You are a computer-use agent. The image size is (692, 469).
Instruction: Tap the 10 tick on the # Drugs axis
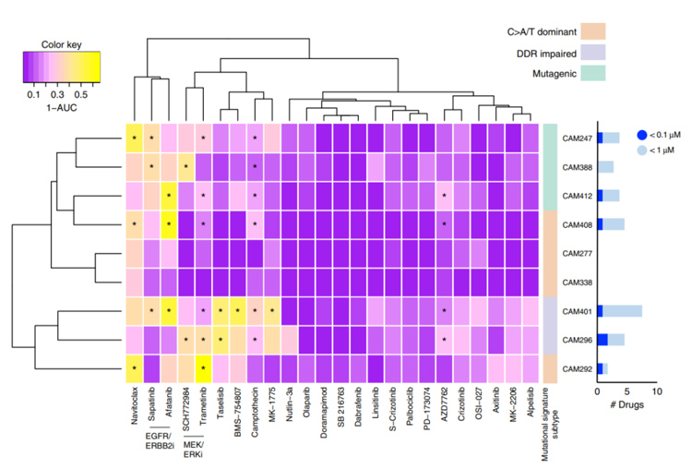656,392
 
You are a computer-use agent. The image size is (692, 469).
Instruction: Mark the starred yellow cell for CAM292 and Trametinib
202,368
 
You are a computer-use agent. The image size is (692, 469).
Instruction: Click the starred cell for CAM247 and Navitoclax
134,138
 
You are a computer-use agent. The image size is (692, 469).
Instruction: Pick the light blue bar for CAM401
622,311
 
